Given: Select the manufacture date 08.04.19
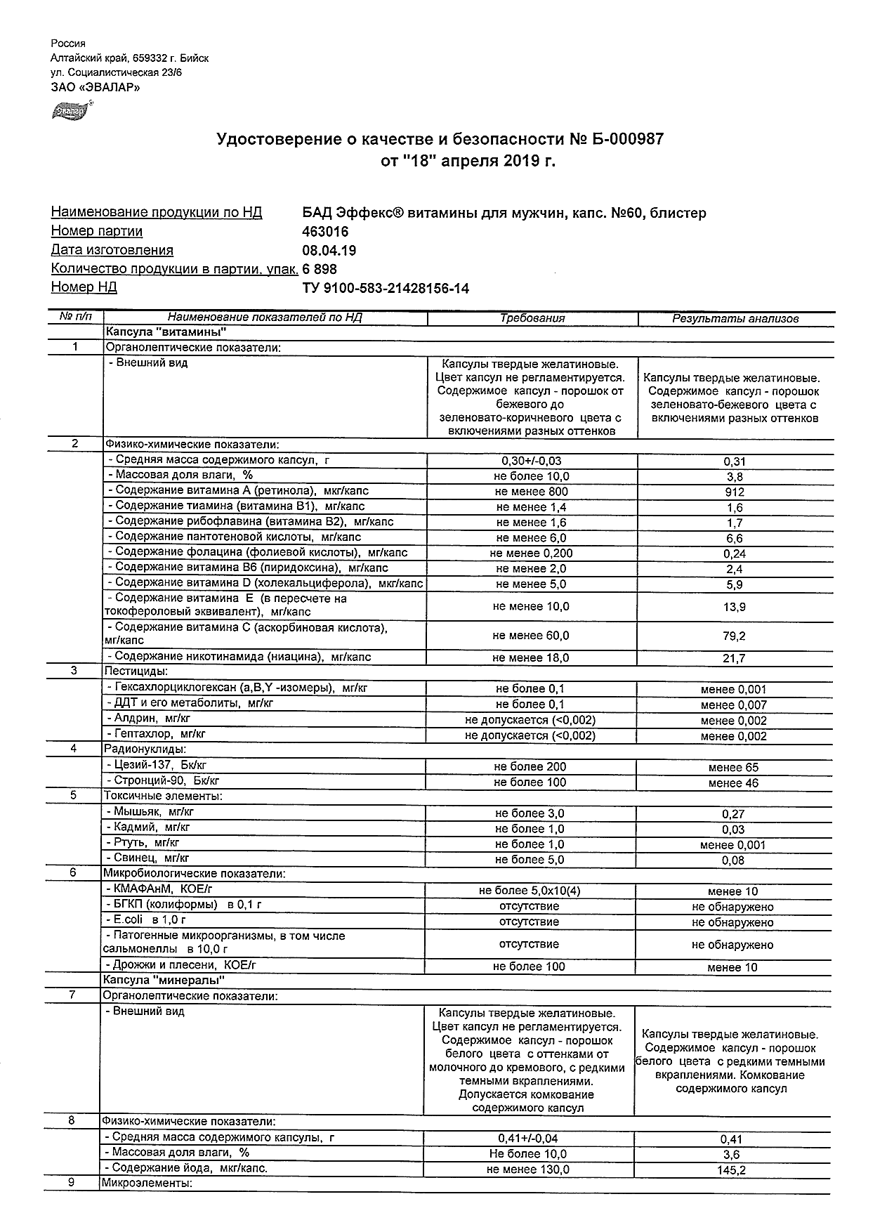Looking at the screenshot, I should tap(329, 251).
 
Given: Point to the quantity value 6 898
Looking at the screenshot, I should tap(320, 269).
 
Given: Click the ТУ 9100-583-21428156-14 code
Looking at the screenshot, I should tap(385, 288).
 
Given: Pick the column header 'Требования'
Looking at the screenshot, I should tap(532, 318).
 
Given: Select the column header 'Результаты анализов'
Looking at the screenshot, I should tap(735, 319).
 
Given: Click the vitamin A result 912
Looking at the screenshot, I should tap(734, 492).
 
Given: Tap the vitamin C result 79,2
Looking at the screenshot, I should tap(734, 636).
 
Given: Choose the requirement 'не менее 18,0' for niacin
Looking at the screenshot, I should tap(531, 658).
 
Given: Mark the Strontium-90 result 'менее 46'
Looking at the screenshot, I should tap(733, 783).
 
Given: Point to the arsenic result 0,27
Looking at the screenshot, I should tap(733, 814).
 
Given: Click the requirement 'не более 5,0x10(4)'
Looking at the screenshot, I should tap(530, 891).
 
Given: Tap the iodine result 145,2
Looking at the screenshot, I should tap(731, 1170).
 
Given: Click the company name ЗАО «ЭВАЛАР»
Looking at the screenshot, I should tap(96, 88).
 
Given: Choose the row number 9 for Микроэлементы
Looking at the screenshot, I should tap(71, 1182).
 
